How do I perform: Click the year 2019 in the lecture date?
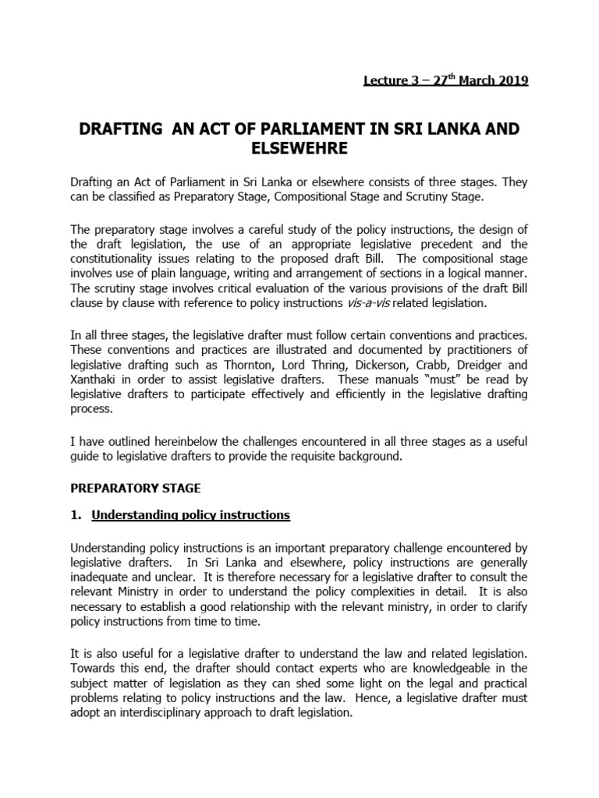click(x=511, y=81)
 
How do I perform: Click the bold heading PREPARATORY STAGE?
click(x=136, y=488)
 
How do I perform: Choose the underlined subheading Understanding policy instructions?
click(x=191, y=514)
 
